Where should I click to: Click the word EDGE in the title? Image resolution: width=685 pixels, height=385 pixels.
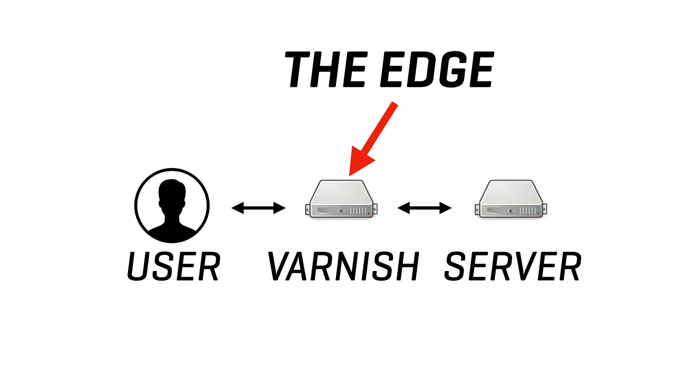tap(437, 70)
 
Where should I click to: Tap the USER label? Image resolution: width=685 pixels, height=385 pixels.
tap(174, 266)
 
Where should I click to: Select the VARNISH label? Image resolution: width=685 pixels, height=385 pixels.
tap(343, 266)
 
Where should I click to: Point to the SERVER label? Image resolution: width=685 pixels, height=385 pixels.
tap(513, 266)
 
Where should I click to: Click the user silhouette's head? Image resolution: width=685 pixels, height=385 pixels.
tap(172, 194)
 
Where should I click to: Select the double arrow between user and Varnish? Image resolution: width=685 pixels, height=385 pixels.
tap(258, 208)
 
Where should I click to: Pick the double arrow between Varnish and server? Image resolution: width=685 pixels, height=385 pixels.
tap(424, 208)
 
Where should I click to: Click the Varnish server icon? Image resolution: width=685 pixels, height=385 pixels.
tap(341, 199)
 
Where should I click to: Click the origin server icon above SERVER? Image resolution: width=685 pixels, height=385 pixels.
tap(511, 199)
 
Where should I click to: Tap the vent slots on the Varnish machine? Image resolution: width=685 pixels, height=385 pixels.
tap(358, 211)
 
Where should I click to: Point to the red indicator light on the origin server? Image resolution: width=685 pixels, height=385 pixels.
tap(538, 213)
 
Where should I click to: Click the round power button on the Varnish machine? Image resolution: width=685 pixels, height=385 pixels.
tap(342, 211)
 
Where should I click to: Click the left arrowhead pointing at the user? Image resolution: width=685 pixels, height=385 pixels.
tap(237, 208)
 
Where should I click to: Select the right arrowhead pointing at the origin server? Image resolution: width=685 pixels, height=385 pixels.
tap(446, 208)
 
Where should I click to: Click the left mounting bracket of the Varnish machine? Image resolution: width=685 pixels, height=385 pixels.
tap(307, 210)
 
